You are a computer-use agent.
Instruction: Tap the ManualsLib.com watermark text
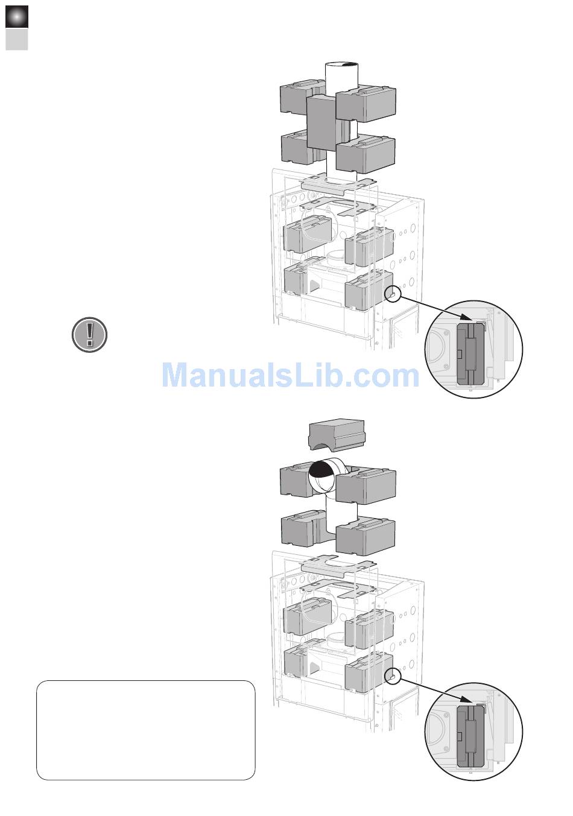290,375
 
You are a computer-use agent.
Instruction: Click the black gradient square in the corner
17,17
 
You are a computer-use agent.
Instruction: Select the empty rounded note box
145,730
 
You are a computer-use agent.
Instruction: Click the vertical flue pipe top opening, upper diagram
341,65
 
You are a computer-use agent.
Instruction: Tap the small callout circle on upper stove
392,293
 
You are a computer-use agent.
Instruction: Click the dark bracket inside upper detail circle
468,354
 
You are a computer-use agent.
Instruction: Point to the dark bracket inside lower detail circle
468,736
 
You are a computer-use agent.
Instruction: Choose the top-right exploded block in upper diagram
367,101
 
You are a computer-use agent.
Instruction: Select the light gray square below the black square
17,40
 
